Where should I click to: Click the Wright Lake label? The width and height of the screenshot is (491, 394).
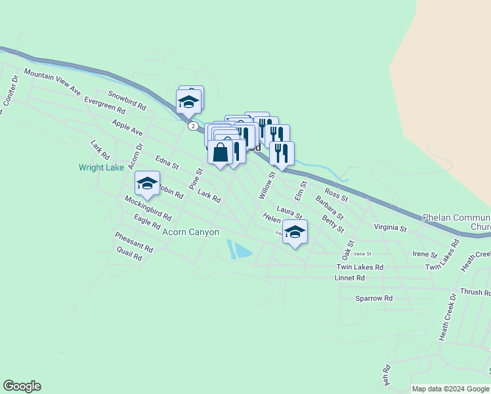tap(101, 167)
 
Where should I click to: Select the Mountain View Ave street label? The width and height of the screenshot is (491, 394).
tap(53, 81)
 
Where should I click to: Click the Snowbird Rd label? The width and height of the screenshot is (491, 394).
tap(127, 100)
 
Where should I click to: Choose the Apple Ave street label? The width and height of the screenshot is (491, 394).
tap(127, 127)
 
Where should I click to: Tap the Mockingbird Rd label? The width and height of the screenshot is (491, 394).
tap(148, 208)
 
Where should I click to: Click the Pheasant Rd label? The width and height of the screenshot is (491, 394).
tap(133, 242)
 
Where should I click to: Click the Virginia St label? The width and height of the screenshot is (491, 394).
tap(391, 228)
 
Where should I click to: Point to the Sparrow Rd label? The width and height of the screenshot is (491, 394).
tap(374, 298)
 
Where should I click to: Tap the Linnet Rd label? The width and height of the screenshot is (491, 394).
tap(349, 278)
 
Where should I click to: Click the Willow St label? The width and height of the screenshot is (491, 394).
tap(267, 185)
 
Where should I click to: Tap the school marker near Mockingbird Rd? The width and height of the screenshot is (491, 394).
tap(147, 184)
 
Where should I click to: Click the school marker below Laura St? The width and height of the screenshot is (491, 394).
tap(295, 232)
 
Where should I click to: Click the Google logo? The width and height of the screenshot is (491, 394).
tap(22, 386)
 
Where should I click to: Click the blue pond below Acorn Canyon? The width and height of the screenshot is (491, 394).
tap(240, 250)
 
